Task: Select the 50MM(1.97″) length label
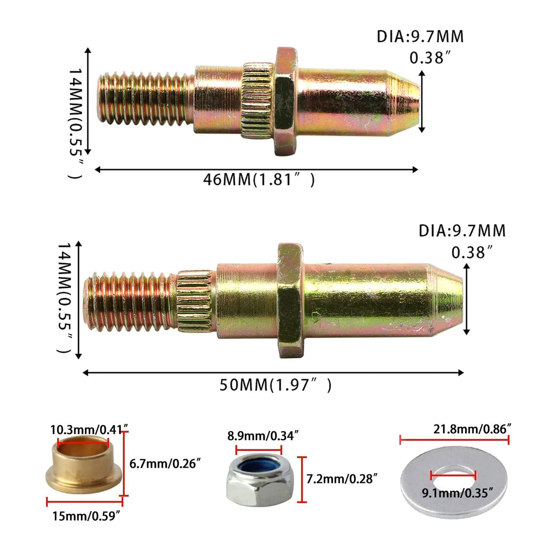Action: point(276,385)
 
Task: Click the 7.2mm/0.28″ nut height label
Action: point(342,478)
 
